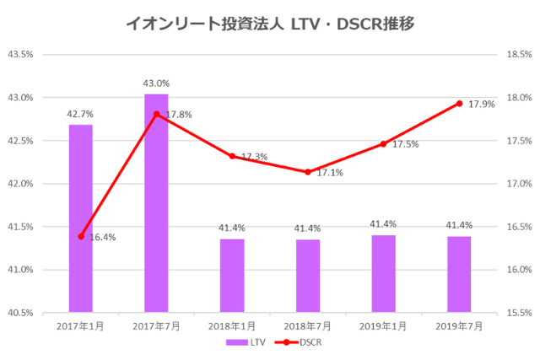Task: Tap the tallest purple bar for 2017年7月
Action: point(156,202)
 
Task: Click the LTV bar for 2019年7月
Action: point(459,274)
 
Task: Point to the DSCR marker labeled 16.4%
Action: point(81,236)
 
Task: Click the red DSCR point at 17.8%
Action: point(156,114)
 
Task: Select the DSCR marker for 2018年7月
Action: point(307,172)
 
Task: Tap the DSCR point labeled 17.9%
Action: point(459,104)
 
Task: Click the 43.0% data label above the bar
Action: point(156,83)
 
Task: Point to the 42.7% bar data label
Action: point(81,113)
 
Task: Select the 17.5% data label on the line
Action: point(406,144)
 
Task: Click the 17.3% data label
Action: point(255,157)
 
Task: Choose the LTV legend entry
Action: point(240,342)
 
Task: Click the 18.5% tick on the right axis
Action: point(517,55)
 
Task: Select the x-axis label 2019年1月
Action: point(383,325)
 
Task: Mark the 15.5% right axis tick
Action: point(517,313)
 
